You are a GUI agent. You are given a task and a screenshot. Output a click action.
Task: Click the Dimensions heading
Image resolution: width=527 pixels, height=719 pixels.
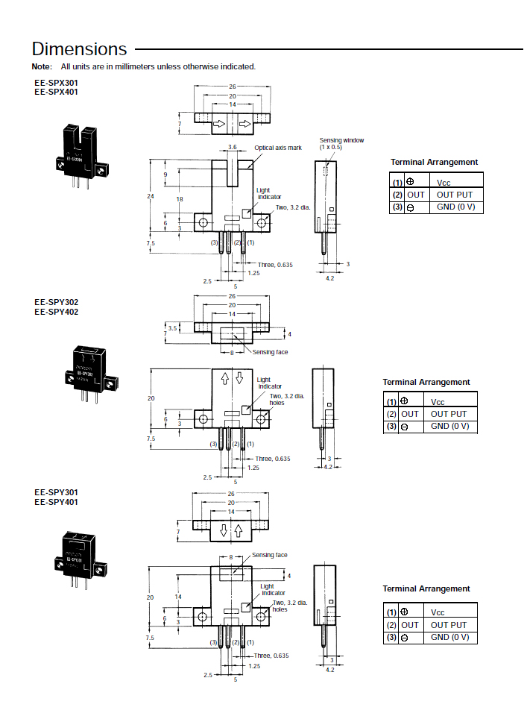(x=80, y=49)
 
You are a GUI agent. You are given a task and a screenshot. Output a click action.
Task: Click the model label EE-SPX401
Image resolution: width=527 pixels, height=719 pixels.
(x=56, y=92)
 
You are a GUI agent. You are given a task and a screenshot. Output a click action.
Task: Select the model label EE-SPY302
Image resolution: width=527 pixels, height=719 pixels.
(x=56, y=302)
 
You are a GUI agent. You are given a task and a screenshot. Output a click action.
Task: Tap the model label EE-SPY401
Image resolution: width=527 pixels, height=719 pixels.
(x=56, y=502)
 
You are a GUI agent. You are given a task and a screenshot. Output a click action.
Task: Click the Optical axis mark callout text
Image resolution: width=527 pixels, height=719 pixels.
(x=277, y=148)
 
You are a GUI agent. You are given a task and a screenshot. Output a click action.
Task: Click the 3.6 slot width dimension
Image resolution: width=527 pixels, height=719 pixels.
(x=232, y=148)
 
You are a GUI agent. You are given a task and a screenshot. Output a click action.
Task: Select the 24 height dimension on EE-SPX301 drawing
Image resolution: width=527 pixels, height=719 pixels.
(x=151, y=196)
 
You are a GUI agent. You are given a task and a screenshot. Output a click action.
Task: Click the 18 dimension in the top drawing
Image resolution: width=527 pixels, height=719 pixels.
(x=180, y=199)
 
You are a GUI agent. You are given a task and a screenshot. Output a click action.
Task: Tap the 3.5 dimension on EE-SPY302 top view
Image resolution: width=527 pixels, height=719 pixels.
(x=172, y=327)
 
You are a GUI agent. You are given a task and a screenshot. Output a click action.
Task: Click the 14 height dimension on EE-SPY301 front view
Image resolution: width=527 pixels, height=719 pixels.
(x=178, y=597)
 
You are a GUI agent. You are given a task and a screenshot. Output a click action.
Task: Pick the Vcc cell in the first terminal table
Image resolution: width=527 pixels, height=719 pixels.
(x=444, y=182)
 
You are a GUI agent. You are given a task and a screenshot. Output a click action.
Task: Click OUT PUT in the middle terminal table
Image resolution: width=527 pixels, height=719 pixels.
(x=449, y=414)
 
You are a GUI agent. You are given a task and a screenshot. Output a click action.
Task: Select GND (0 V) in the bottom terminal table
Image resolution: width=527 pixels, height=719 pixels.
(x=449, y=637)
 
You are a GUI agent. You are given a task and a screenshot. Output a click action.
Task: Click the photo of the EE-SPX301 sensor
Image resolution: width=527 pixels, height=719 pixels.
(x=79, y=158)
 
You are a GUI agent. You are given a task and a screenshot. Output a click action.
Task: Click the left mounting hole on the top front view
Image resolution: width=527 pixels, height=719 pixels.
(x=202, y=222)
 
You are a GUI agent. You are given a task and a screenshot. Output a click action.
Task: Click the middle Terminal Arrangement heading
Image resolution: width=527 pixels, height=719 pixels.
(x=426, y=382)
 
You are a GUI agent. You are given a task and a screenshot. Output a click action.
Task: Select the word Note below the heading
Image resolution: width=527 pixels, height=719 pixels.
(x=41, y=67)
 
